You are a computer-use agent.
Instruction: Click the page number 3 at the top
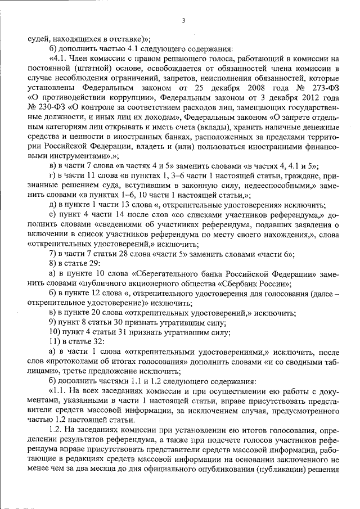[x=183, y=21]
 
